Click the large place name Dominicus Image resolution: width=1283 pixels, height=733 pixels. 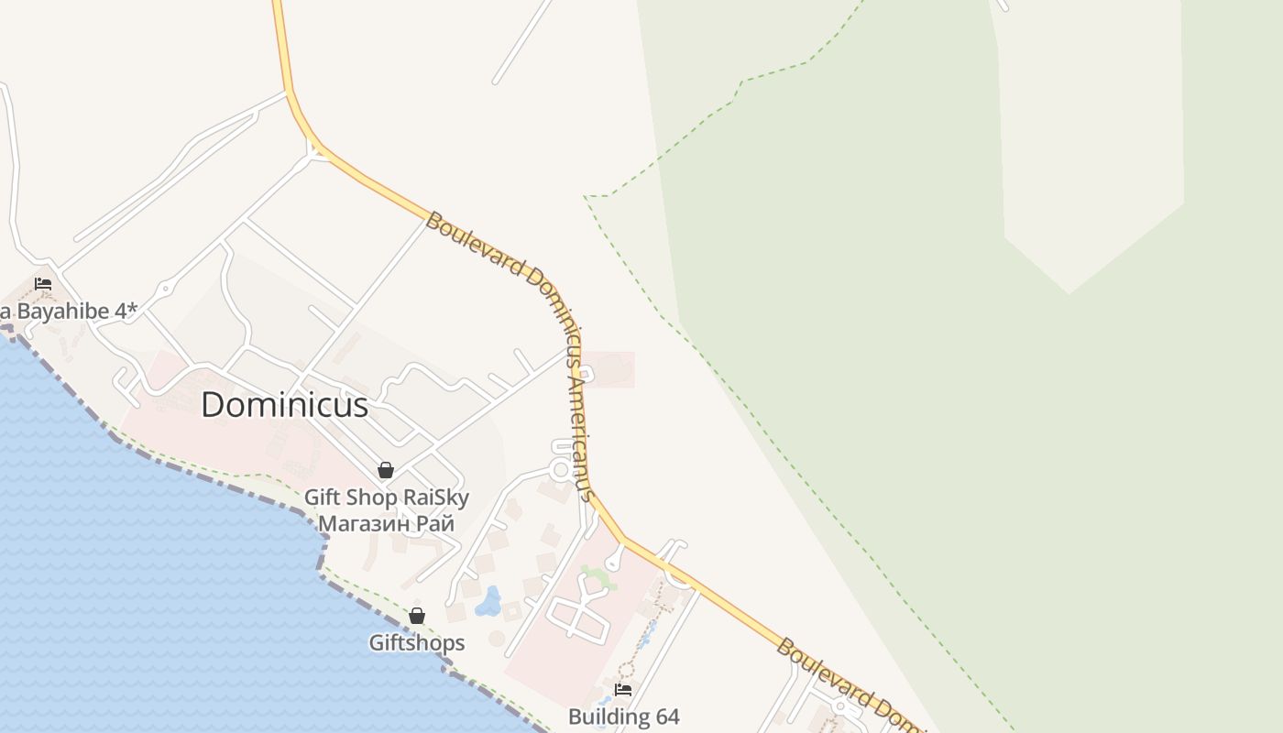284,405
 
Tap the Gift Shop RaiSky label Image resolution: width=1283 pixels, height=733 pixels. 386,498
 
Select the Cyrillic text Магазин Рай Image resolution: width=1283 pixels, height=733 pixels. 386,524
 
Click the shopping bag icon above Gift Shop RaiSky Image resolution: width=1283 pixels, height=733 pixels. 386,470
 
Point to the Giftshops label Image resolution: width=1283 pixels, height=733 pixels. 416,642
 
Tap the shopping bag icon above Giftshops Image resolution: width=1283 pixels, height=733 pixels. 416,615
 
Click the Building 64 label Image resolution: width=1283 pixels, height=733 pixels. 623,716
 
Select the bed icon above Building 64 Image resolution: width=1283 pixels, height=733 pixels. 623,689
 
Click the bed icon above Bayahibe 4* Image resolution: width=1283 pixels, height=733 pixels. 42,284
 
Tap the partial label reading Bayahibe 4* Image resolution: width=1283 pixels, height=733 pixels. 69,311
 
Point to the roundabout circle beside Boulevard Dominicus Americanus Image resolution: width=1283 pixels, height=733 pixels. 561,470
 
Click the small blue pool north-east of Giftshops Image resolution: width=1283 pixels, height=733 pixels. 488,602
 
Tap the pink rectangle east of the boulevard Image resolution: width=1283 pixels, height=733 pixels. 609,369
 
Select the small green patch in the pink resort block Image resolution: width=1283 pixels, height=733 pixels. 598,577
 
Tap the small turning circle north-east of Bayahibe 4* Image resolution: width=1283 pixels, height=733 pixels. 165,290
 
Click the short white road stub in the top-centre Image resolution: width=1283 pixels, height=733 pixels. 522,42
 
